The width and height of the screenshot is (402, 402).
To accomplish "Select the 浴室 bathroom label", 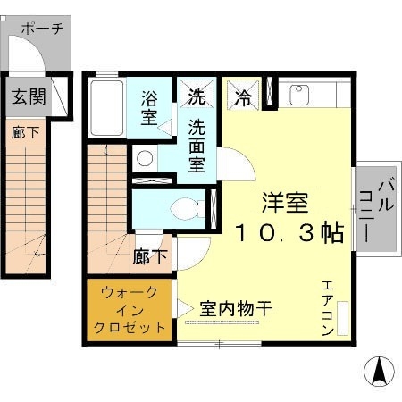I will pos(149,106).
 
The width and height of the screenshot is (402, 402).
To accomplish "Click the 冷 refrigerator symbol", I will pos(242,96).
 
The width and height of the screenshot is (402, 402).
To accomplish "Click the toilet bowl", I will pos(185,208).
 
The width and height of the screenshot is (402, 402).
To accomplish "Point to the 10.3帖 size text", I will pos(290,234).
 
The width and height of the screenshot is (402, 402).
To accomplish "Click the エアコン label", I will pos(326,307).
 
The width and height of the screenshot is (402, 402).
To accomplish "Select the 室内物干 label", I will pos(236,308).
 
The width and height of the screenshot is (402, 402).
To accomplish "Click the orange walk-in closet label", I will pos(130,309).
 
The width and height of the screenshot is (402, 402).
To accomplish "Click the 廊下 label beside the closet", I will pos(150,258).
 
